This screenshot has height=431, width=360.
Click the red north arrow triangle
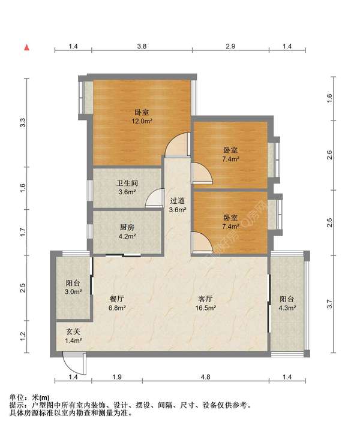coord(26,47)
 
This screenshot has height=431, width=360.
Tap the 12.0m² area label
coord(142,121)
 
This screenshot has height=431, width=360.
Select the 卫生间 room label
coord(127,183)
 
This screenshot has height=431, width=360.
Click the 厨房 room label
coord(127,227)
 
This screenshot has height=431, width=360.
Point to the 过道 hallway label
coord(177,201)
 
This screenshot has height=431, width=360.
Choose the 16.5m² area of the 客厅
coord(205,308)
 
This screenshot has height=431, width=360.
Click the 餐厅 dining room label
coord(116,299)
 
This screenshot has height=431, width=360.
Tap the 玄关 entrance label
coord(73,331)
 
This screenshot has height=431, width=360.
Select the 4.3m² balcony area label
coord(287,308)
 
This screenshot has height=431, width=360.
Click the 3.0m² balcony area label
coord(73,292)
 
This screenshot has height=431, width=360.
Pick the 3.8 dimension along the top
coord(142,46)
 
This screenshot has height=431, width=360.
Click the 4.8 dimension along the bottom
coord(205,376)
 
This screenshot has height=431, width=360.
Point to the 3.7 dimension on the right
coord(330,304)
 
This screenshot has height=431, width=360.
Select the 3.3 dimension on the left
coord(23,122)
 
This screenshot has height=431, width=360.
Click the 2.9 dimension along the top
coord(230,46)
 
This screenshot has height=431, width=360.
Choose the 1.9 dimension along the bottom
coord(117,376)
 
